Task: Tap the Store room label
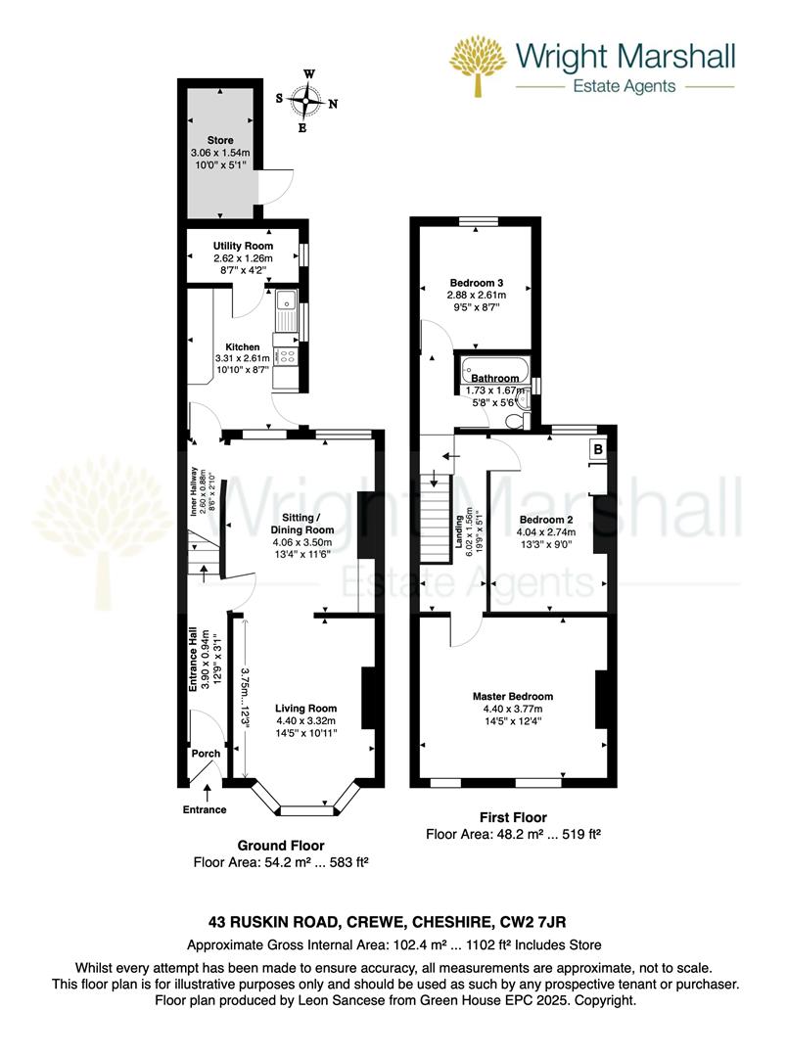(x=219, y=141)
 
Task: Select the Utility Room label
(x=243, y=246)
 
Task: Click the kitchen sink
(x=287, y=312)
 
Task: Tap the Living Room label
(x=305, y=709)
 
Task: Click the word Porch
(x=206, y=754)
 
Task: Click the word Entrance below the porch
(x=204, y=809)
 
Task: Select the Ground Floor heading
(x=281, y=845)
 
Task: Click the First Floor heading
(x=512, y=817)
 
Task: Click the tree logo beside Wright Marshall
(x=477, y=66)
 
